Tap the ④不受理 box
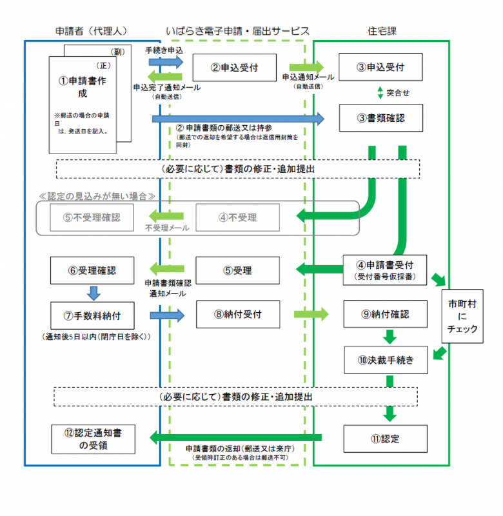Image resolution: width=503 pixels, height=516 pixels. click(237, 217)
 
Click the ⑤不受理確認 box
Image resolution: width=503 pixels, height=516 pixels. click(92, 217)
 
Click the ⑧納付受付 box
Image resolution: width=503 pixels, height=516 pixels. click(237, 315)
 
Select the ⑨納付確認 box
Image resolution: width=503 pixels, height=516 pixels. click(385, 315)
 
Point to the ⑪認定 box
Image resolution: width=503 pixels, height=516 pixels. click(386, 439)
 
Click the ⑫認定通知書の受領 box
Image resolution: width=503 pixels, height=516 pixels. click(92, 439)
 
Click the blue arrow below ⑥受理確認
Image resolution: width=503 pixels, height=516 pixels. click(92, 293)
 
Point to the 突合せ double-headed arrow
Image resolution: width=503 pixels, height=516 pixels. click(380, 92)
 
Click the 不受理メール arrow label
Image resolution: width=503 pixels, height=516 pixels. click(166, 228)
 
